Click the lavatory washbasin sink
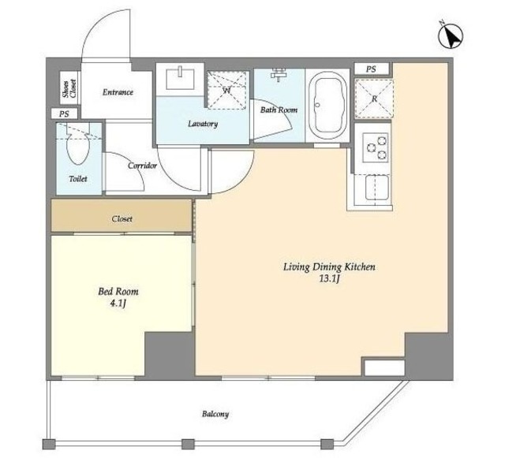point(180,79)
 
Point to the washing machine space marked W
point(227,90)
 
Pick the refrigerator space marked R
point(374,99)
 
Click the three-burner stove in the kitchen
point(376,147)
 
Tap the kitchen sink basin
point(377,187)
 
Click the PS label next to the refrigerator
point(371,69)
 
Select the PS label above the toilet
point(64,114)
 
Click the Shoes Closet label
point(69,88)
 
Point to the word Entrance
point(118,92)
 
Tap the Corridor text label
point(142,166)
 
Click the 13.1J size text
point(329,279)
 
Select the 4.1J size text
point(118,303)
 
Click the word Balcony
point(215,414)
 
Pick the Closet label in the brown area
point(122,219)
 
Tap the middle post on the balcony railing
point(188,444)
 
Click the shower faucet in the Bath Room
point(278,75)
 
